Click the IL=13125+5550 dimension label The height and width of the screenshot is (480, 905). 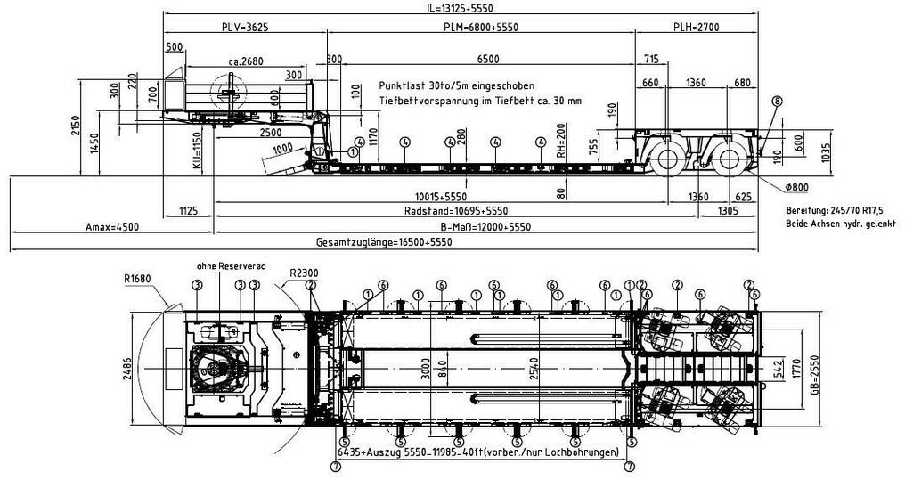pyautogui.click(x=461, y=9)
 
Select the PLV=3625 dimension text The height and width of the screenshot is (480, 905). pyautogui.click(x=244, y=28)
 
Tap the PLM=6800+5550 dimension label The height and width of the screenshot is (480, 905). pyautogui.click(x=481, y=28)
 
